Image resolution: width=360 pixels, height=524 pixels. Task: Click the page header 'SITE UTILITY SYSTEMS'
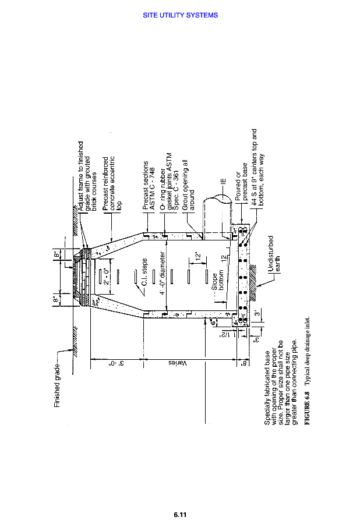point(180,15)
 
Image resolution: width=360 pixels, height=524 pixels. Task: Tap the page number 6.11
point(180,514)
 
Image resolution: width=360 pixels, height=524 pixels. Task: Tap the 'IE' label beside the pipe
point(223,182)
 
